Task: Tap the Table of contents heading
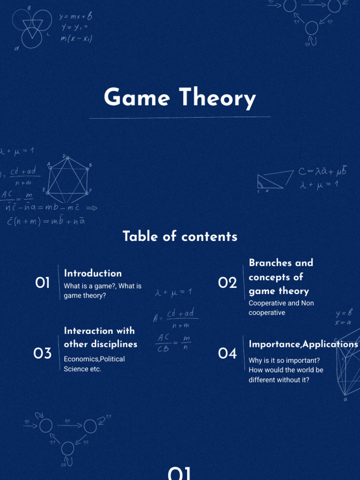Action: pyautogui.click(x=180, y=236)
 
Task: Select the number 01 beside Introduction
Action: pyautogui.click(x=43, y=283)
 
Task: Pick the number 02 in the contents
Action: pyautogui.click(x=228, y=283)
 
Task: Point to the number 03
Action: pyautogui.click(x=43, y=353)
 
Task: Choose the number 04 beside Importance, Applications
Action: pyautogui.click(x=228, y=353)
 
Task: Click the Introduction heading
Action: pyautogui.click(x=93, y=273)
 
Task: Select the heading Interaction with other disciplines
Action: pyautogui.click(x=100, y=337)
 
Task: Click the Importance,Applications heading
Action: pyautogui.click(x=303, y=344)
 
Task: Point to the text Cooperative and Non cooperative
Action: pyautogui.click(x=281, y=308)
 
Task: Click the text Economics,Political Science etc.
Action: pyautogui.click(x=94, y=364)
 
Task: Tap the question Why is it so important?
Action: pyautogui.click(x=284, y=360)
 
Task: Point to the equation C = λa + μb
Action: pyautogui.click(x=322, y=172)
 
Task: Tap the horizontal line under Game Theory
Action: pyautogui.click(x=180, y=117)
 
